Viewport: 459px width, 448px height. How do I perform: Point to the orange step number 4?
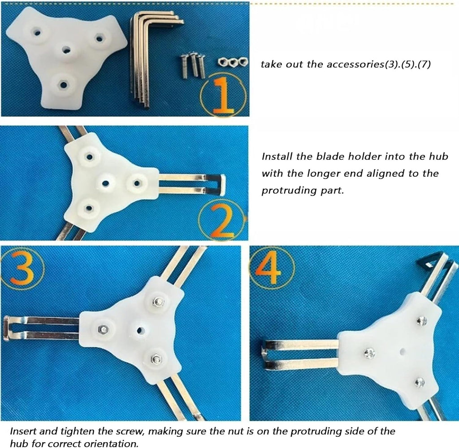(x=268, y=270)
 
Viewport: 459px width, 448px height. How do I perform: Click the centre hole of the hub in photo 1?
(x=67, y=50)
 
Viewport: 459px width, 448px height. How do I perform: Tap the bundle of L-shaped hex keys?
(x=152, y=59)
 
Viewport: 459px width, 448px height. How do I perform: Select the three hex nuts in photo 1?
(x=233, y=62)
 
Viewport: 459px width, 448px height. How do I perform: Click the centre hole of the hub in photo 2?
(x=106, y=183)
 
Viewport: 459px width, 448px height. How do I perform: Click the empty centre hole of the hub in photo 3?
(x=140, y=331)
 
